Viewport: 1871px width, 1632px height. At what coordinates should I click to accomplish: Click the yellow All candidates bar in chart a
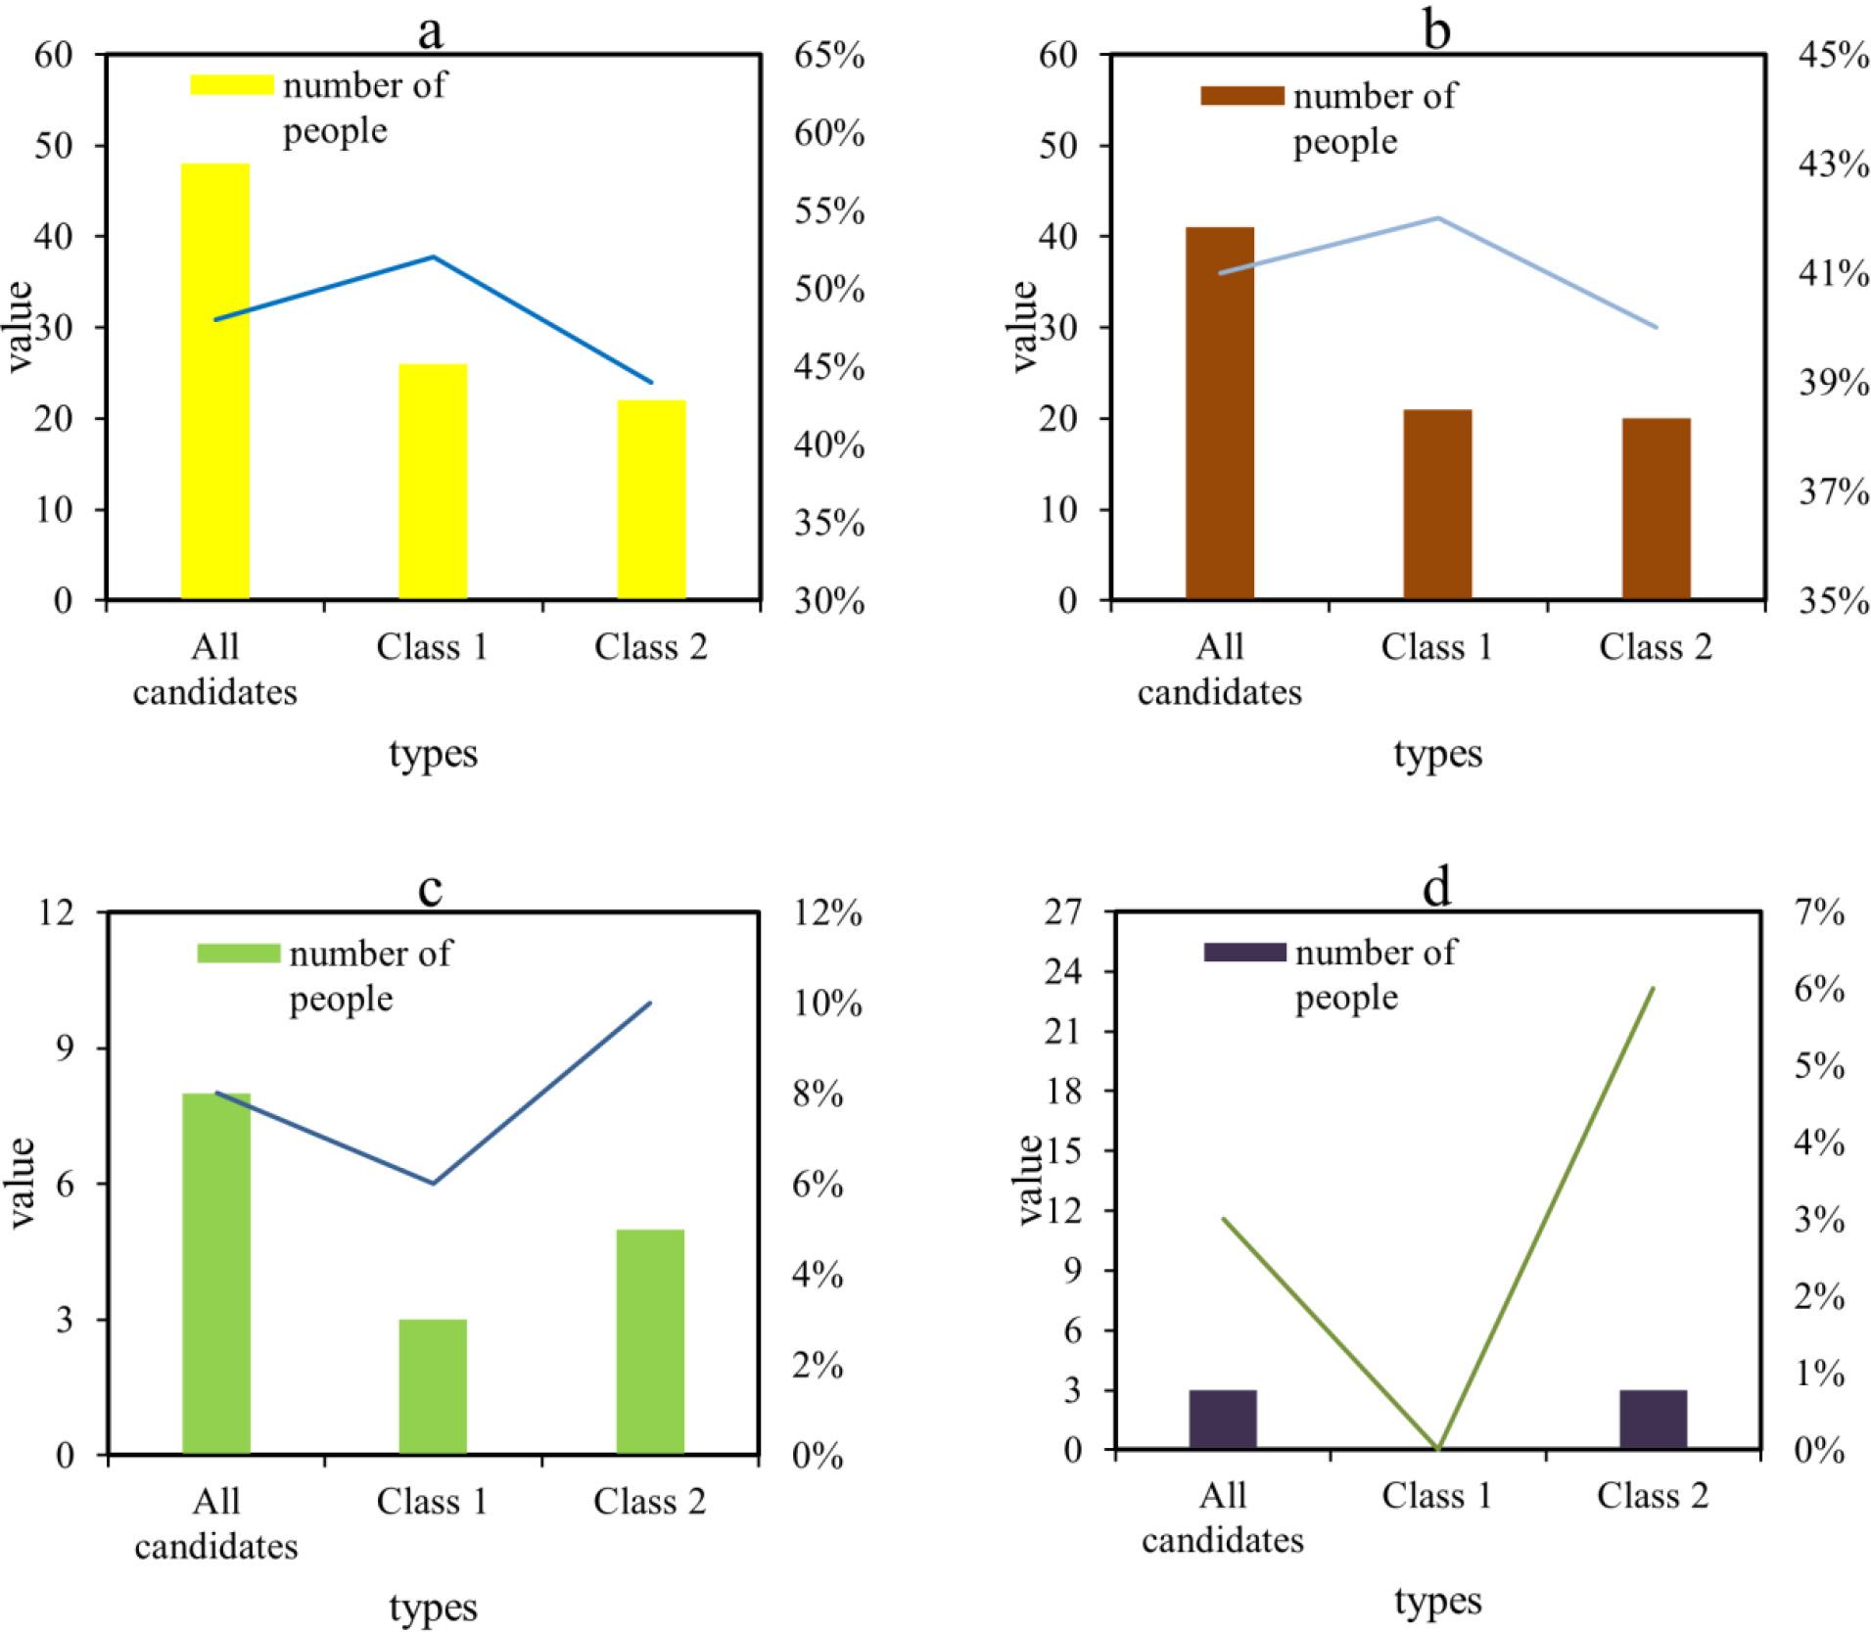point(215,382)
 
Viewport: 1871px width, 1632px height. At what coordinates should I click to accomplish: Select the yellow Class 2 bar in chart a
point(651,499)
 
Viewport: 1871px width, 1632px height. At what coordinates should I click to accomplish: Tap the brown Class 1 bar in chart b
point(1437,504)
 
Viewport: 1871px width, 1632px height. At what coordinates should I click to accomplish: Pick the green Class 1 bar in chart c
point(433,1386)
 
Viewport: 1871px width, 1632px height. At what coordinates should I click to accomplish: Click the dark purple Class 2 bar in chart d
point(1653,1420)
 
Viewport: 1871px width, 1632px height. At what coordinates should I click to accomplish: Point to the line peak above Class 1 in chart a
point(433,256)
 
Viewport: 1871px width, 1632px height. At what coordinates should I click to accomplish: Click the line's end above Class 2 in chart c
point(650,1003)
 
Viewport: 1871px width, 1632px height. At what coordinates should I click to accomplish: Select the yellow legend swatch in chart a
point(232,85)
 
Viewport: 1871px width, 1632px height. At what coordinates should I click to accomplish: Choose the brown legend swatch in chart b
point(1242,96)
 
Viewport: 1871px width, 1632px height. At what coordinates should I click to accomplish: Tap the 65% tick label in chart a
point(828,55)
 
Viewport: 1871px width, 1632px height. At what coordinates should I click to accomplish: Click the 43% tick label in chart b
point(1833,164)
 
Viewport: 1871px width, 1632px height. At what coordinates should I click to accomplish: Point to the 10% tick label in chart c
point(828,1003)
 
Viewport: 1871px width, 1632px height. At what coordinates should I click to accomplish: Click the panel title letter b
point(1436,31)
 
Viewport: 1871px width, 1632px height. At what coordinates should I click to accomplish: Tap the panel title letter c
point(430,887)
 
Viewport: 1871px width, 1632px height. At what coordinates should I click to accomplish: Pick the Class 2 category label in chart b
point(1655,647)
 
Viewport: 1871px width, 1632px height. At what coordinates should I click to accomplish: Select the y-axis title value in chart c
point(22,1183)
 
